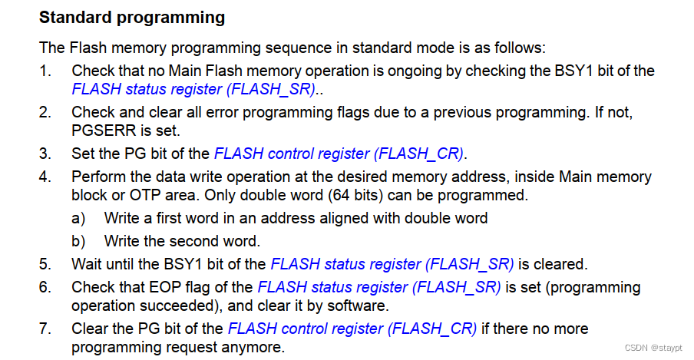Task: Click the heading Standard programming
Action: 132,17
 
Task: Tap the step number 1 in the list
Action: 45,71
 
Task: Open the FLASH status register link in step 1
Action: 193,89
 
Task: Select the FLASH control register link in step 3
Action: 339,153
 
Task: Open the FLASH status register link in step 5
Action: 392,265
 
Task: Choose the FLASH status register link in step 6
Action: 379,288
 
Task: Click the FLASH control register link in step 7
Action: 352,329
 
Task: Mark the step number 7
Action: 45,329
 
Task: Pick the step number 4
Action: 45,177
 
